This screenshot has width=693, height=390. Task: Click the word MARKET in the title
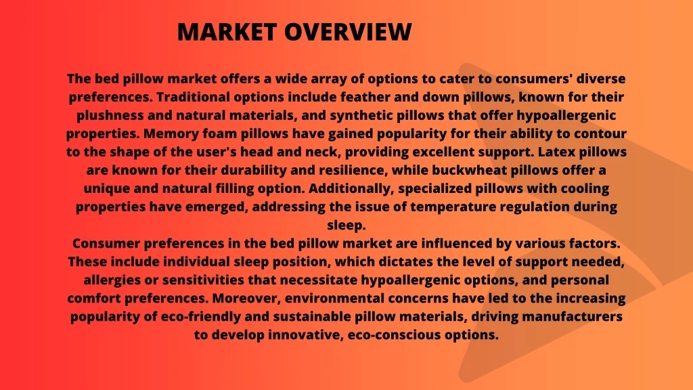coord(227,32)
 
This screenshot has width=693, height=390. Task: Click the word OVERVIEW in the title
coord(348,32)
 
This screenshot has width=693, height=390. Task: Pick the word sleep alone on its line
coord(346,225)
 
